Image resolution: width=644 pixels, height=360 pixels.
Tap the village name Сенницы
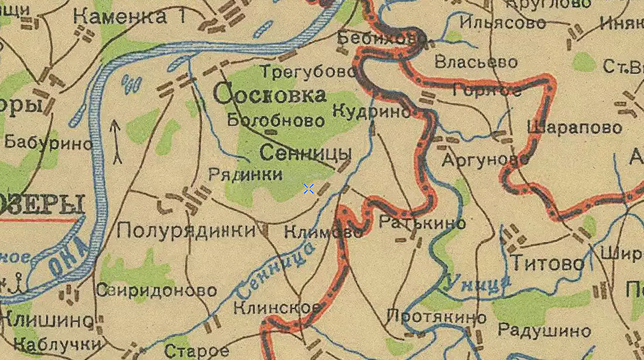click(x=305, y=153)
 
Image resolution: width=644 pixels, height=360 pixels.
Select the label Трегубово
click(x=308, y=72)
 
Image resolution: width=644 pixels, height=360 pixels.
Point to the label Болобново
click(x=276, y=121)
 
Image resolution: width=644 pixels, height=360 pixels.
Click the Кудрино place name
click(x=372, y=111)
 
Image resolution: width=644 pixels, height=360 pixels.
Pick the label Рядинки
click(x=245, y=174)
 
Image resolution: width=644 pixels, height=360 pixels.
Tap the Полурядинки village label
click(x=187, y=230)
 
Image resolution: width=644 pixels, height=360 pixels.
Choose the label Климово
click(x=323, y=232)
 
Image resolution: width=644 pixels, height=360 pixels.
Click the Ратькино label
click(x=422, y=222)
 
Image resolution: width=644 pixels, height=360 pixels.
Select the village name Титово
click(x=548, y=263)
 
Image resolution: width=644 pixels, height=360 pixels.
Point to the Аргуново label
click(x=485, y=159)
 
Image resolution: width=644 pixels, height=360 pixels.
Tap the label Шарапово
click(x=574, y=127)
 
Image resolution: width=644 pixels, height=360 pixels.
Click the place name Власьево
click(x=476, y=62)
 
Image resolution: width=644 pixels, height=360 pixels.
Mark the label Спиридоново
click(x=156, y=290)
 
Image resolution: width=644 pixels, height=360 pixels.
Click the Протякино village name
click(x=436, y=317)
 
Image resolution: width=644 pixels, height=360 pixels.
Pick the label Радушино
click(x=544, y=331)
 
